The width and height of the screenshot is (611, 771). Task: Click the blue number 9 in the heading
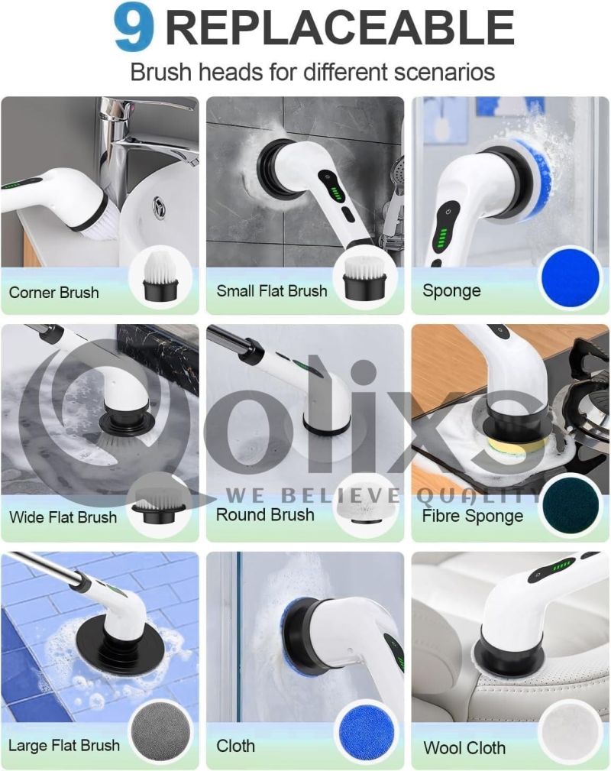tap(134, 28)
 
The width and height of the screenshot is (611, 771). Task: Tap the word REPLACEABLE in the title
tap(340, 28)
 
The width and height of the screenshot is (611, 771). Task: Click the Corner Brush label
tap(54, 293)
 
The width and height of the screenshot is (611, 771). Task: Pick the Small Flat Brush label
tap(272, 290)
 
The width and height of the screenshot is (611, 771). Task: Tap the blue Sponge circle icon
tap(571, 277)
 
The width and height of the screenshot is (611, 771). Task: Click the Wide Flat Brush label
tap(63, 517)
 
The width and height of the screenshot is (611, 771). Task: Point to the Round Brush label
tap(265, 515)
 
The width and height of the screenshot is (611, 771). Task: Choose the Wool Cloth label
tap(464, 748)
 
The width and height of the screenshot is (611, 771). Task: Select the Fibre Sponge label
tap(473, 516)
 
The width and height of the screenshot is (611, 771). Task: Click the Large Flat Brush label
tap(64, 746)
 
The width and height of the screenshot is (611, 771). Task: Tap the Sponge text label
tap(451, 291)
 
